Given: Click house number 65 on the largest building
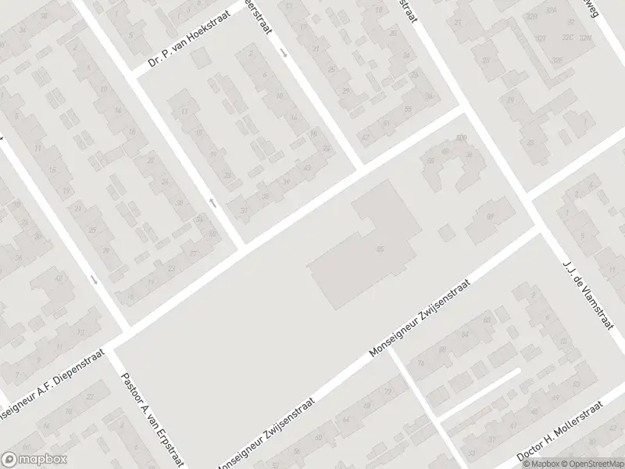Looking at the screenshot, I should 380,249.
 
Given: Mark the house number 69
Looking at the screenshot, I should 491,215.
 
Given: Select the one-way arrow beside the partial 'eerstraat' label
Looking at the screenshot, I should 284,53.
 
